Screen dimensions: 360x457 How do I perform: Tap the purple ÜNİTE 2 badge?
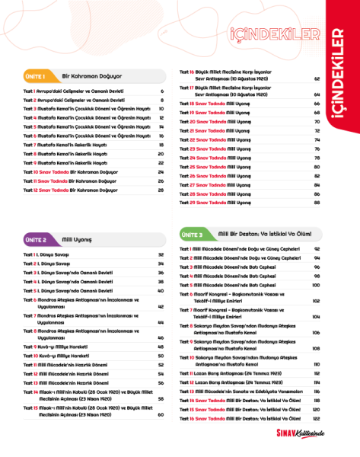[36, 240]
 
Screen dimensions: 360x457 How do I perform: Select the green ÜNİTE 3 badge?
[191, 235]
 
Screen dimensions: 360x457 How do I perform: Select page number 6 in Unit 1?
[162, 91]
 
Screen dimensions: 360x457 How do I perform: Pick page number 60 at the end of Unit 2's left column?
[161, 414]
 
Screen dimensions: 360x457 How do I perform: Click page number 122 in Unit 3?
[316, 418]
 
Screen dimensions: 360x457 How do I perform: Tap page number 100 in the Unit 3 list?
[316, 285]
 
